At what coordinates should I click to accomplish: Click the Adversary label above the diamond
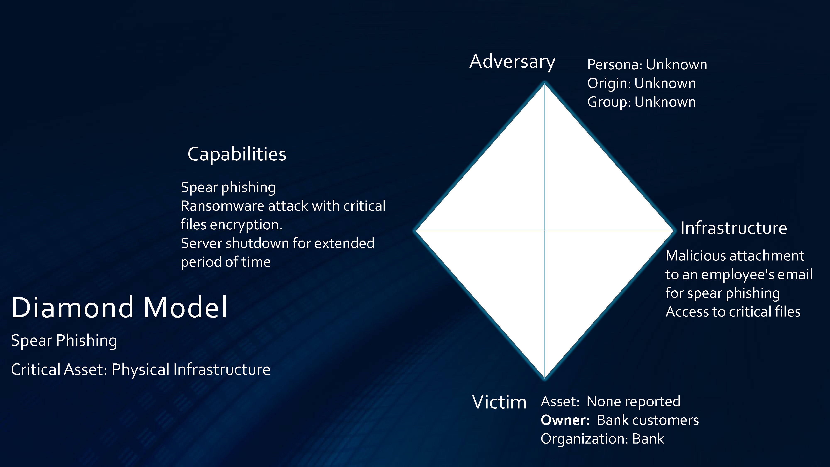(x=512, y=62)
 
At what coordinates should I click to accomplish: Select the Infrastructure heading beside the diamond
(x=734, y=228)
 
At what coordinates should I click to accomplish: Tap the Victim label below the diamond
(x=499, y=402)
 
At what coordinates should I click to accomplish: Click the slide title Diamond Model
(x=119, y=308)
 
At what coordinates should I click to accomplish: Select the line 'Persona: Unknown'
(x=647, y=65)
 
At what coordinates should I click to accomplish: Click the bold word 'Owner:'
(x=565, y=420)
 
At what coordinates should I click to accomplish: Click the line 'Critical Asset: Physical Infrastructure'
(x=141, y=370)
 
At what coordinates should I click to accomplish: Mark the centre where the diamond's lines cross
(x=545, y=231)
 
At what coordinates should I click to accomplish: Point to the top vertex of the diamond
(x=545, y=83)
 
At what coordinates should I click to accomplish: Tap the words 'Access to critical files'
(x=733, y=312)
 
